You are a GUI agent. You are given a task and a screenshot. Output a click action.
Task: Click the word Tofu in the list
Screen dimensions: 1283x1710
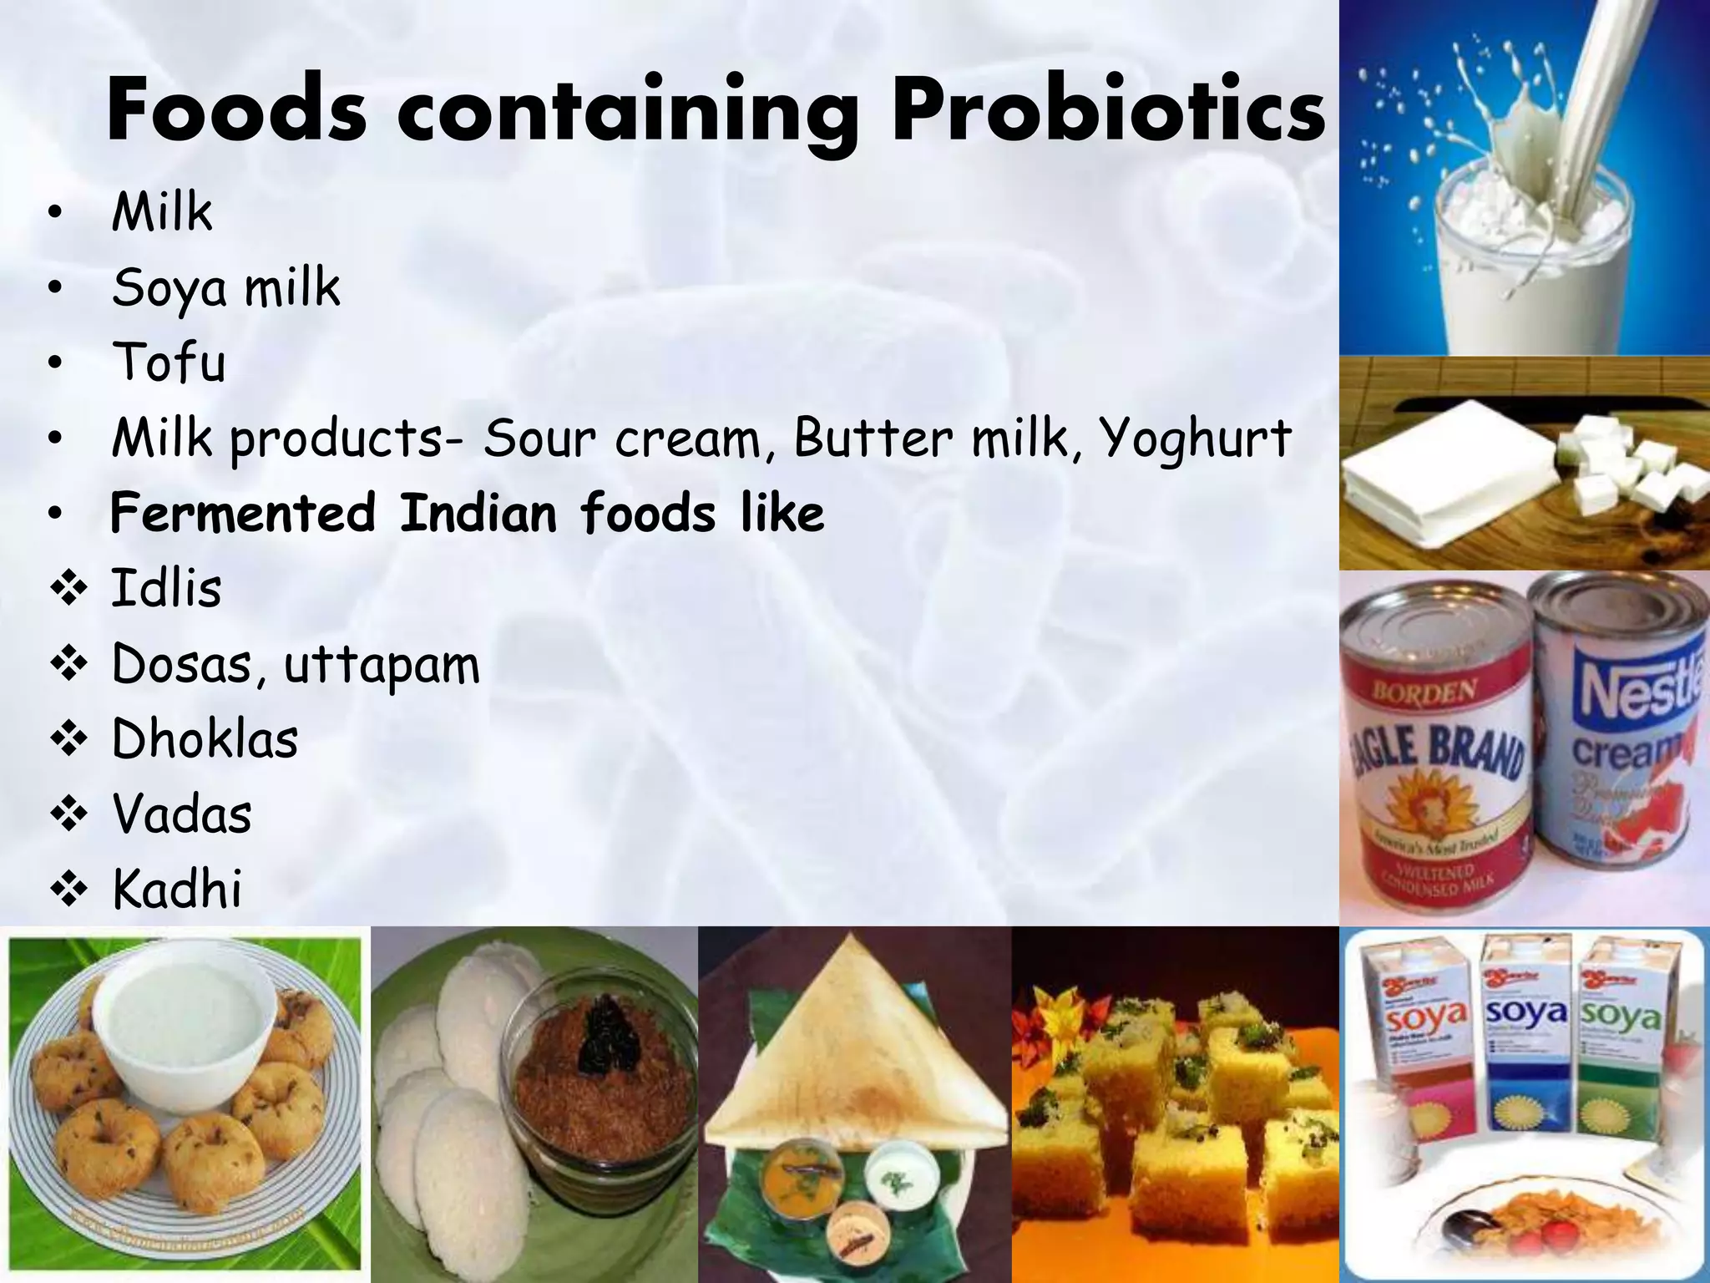tap(169, 363)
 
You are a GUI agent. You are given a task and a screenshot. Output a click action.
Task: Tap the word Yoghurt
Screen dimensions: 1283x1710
tap(1194, 438)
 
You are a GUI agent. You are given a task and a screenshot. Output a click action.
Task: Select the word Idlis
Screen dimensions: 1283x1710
tap(167, 588)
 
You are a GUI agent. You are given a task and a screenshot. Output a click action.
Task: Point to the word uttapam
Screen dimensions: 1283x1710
tap(382, 665)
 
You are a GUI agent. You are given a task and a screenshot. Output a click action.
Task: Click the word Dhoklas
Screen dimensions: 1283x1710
tap(205, 739)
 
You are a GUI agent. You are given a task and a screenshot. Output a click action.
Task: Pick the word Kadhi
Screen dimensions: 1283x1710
tap(177, 889)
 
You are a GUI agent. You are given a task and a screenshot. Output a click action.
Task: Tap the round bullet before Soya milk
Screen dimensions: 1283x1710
tap(55, 289)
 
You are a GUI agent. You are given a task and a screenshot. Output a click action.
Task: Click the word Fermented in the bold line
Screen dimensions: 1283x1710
tap(242, 513)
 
